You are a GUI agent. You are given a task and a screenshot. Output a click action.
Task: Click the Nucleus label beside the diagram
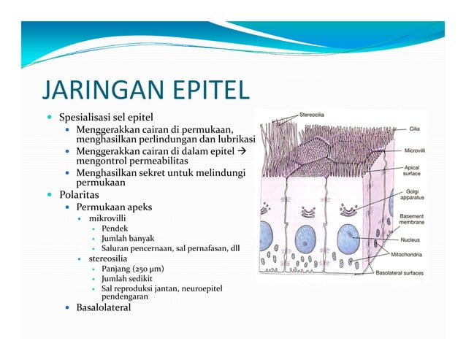coord(414,239)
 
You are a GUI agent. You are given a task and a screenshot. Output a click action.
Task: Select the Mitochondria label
coord(410,256)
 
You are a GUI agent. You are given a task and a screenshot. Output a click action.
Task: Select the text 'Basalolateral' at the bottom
coord(104,307)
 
